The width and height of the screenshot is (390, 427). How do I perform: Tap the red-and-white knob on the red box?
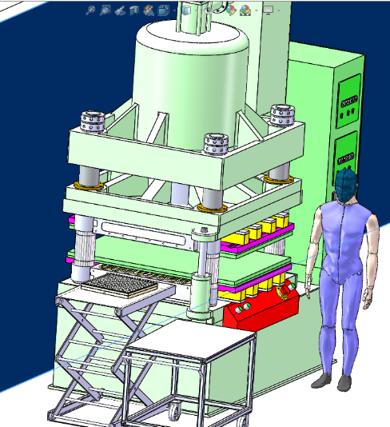[281, 293]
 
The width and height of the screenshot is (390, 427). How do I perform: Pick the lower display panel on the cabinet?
[348, 150]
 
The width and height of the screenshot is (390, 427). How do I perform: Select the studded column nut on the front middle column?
[217, 144]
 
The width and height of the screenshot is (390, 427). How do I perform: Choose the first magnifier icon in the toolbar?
[90, 10]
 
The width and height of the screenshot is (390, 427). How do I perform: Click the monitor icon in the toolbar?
[267, 10]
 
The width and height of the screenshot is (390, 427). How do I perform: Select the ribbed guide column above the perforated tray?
[82, 252]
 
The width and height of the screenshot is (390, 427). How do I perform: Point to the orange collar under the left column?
[90, 186]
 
